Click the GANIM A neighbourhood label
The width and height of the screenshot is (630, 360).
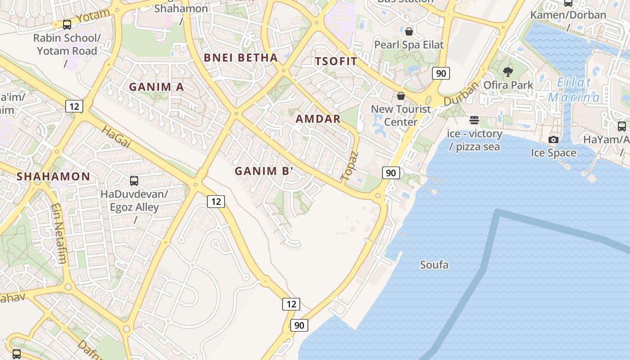click(x=157, y=87)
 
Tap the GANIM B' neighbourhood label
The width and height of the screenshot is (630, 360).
click(x=264, y=171)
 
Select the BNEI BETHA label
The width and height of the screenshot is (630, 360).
click(x=241, y=58)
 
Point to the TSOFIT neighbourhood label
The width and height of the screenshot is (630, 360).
click(x=336, y=62)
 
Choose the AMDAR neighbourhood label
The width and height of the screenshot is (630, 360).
click(x=318, y=119)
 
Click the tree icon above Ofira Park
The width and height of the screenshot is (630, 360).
click(x=508, y=72)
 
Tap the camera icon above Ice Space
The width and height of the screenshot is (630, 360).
click(x=553, y=140)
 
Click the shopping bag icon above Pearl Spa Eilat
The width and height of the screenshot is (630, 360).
click(x=409, y=31)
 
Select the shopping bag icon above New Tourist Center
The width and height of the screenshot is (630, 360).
click(x=400, y=96)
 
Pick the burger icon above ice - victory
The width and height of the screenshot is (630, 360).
click(x=474, y=120)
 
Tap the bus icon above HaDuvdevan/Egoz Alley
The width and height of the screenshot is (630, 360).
click(x=134, y=181)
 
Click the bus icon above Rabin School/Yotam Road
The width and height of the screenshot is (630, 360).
click(x=67, y=25)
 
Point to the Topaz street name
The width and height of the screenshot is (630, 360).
click(x=350, y=166)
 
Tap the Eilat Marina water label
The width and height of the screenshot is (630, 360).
click(x=574, y=90)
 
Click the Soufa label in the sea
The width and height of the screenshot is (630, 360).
click(x=434, y=265)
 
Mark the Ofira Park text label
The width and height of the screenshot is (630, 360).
click(x=508, y=85)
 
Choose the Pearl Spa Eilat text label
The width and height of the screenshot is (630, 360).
click(x=409, y=45)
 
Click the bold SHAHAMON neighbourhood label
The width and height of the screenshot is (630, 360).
click(x=54, y=176)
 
